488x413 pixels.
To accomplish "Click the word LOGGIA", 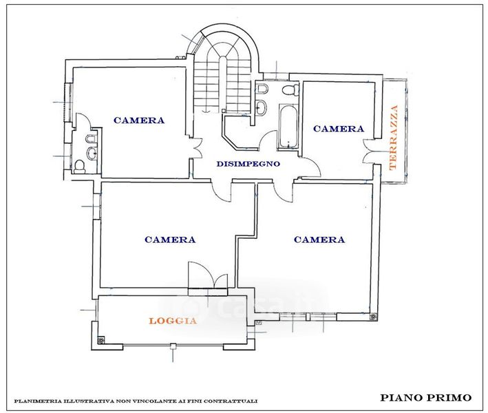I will [x=173, y=321].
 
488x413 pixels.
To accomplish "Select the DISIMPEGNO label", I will [x=248, y=164].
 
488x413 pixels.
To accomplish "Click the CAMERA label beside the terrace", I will [x=338, y=129].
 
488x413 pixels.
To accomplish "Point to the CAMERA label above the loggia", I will [x=170, y=240].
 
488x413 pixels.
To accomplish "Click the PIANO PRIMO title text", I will [x=425, y=397].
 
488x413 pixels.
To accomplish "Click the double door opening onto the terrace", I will [x=369, y=152].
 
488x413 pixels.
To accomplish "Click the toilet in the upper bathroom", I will [x=290, y=90].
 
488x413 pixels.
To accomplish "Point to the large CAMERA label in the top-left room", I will [x=139, y=120].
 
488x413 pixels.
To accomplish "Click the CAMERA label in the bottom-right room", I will [x=319, y=240].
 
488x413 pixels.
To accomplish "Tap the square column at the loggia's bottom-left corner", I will [x=101, y=339].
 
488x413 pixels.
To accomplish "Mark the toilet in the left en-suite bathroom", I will [x=81, y=165].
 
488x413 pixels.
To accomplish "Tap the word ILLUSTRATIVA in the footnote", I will [x=87, y=401].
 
